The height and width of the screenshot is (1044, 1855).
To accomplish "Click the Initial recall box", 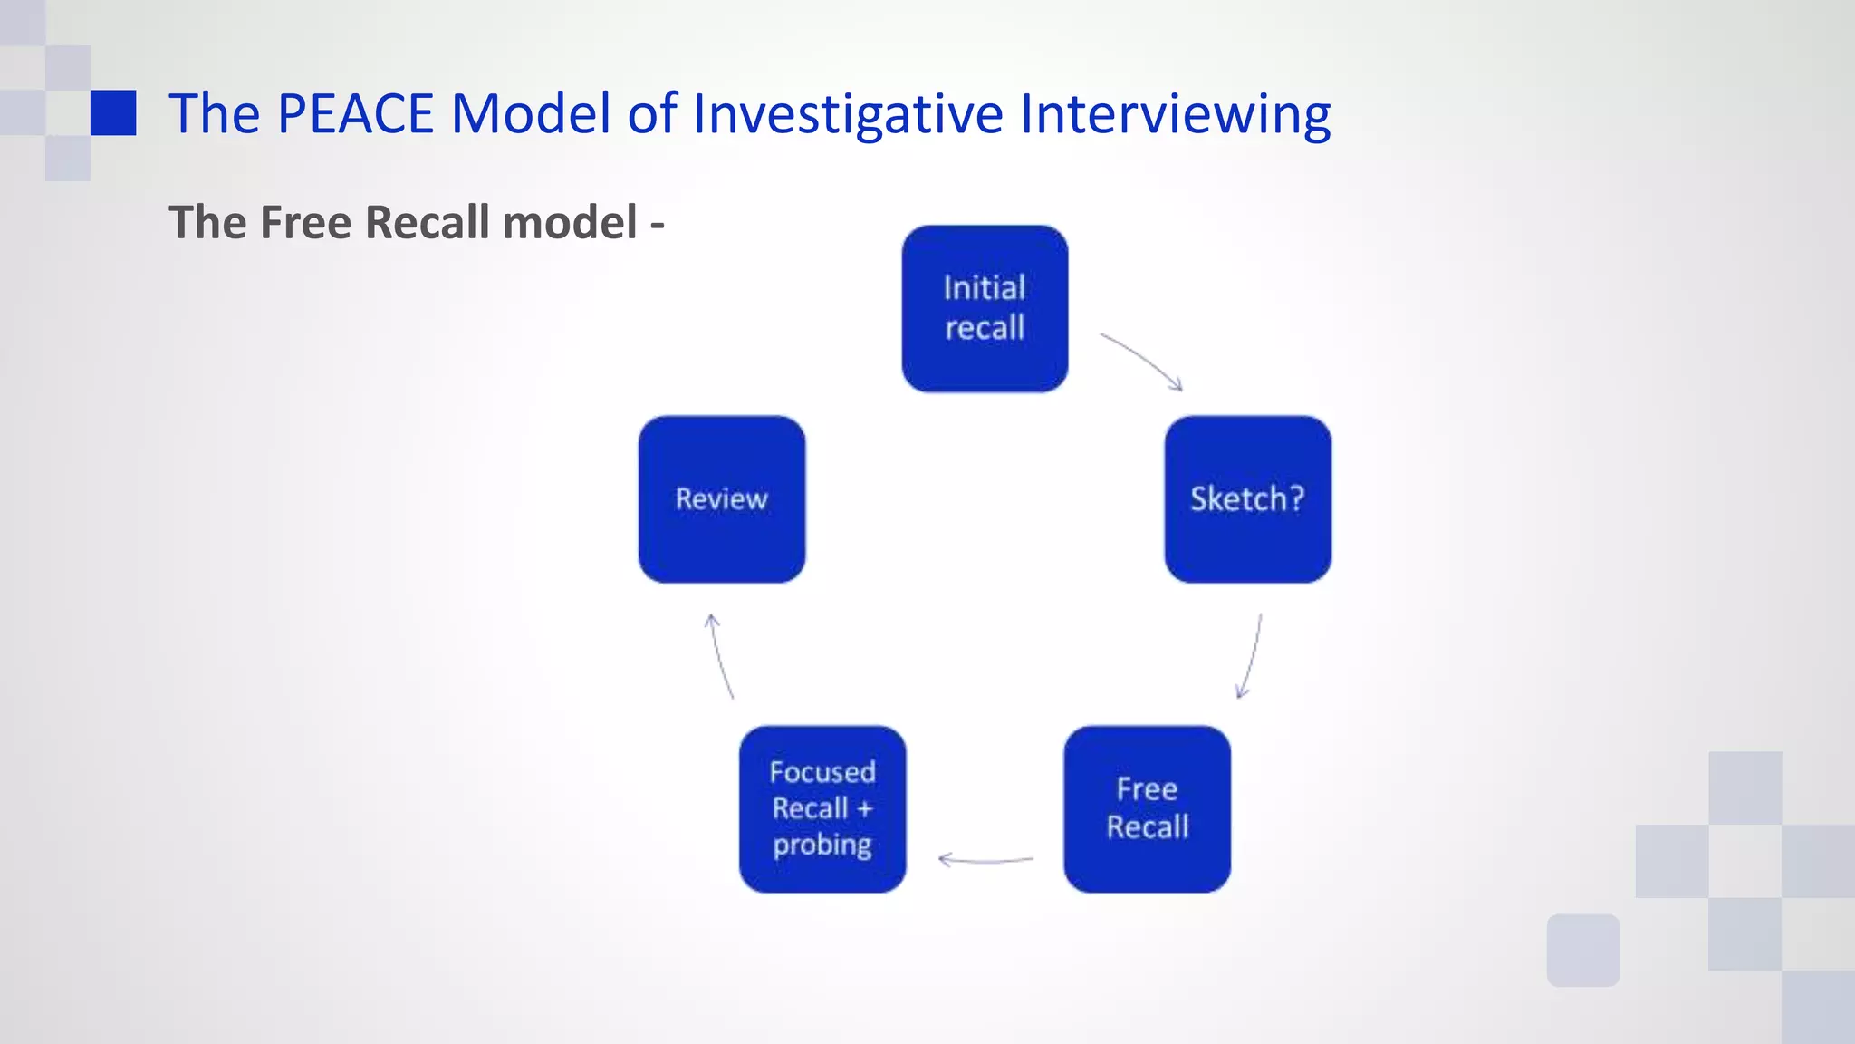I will [985, 309].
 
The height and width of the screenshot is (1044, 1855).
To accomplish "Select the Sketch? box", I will [1247, 499].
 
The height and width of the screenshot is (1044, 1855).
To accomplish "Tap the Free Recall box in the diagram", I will [1147, 808].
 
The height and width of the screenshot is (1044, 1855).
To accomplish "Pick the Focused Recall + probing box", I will [822, 808].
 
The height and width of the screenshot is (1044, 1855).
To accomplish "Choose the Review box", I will [722, 499].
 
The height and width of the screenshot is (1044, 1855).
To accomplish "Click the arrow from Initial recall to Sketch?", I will [1143, 360].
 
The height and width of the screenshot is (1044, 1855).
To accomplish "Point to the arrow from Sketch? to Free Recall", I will [1251, 657].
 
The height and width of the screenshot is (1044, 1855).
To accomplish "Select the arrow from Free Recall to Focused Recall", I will [985, 859].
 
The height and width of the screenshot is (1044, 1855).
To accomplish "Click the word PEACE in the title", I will [355, 114].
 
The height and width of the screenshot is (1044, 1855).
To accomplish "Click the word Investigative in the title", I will [848, 114].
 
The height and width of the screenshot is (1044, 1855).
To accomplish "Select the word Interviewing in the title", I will [1175, 114].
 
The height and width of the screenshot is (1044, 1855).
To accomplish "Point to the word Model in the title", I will [531, 114].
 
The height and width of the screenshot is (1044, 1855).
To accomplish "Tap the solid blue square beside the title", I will [113, 112].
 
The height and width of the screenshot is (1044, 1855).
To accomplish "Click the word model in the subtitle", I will [570, 223].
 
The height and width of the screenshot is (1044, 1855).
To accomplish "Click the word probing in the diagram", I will [822, 846].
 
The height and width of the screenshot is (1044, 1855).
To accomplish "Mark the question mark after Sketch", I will [1296, 498].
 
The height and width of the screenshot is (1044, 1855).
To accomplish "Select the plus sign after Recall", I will [864, 808].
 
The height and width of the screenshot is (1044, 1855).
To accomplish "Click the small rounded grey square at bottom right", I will [1582, 950].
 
